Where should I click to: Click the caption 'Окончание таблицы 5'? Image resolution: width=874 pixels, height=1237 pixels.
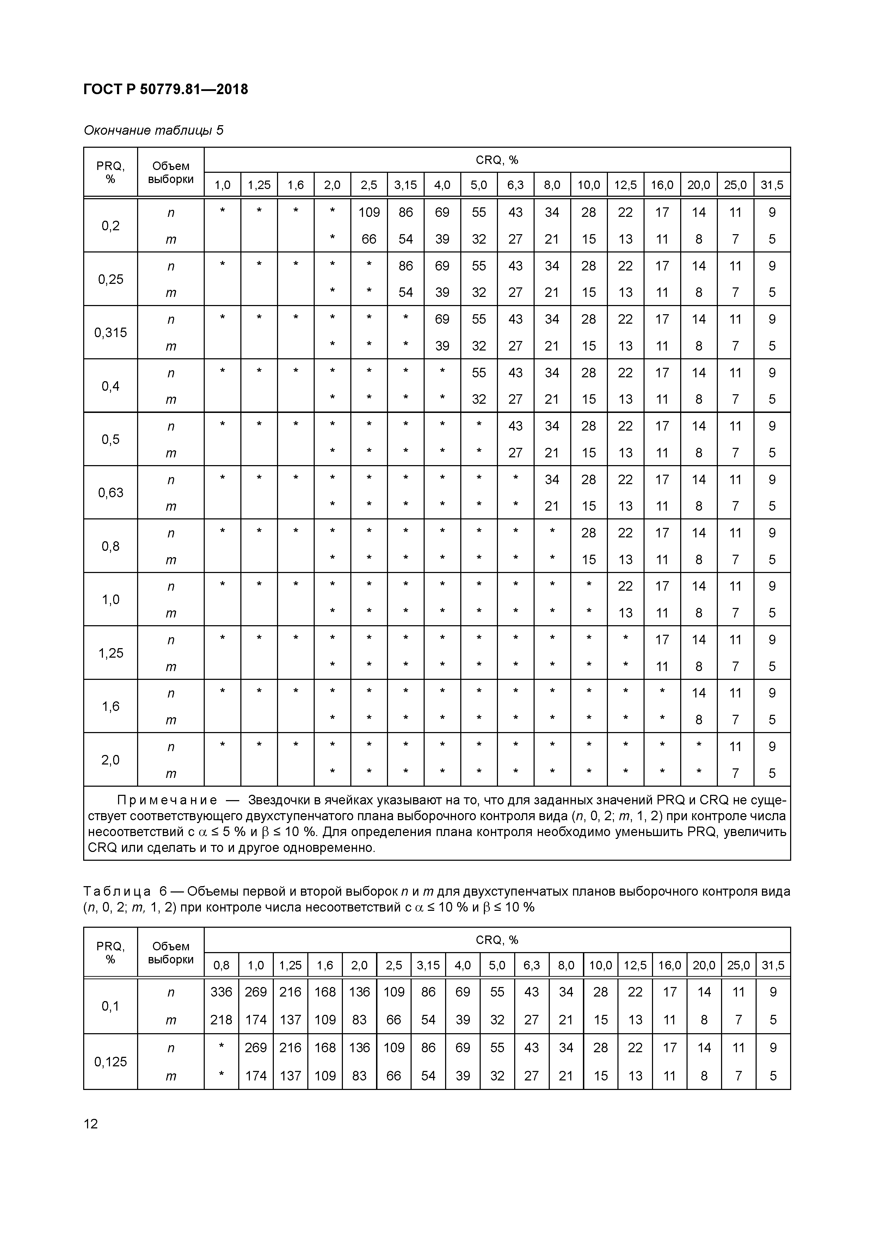coord(153,130)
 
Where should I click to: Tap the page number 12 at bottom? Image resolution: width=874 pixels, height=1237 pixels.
coord(91,1123)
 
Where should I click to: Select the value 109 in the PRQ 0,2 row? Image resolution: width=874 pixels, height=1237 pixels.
coord(369,212)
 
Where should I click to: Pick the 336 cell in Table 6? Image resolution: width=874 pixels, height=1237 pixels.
coord(221,992)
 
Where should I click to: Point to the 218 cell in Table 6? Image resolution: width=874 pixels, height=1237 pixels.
coord(221,1019)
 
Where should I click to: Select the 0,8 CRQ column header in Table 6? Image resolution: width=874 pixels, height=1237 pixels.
coord(221,965)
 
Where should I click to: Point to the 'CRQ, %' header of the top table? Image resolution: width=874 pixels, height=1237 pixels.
coord(497,160)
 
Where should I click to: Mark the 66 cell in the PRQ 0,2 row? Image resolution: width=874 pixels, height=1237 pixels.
coord(369,239)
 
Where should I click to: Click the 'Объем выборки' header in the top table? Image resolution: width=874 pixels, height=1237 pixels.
coord(171,172)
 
